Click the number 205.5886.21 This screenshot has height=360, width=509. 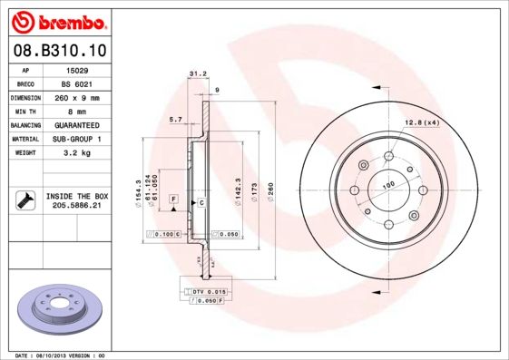77,206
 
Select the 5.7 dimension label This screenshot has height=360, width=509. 176,119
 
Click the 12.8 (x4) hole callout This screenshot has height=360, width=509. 421,122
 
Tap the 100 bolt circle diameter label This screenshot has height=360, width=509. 388,186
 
